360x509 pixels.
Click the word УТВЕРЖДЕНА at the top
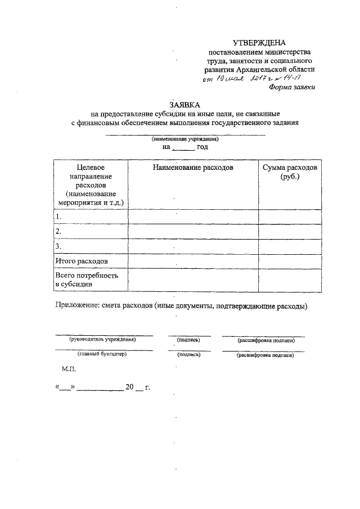tap(259, 43)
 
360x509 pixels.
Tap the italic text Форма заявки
tap(292, 87)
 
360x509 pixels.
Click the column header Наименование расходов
tap(192, 168)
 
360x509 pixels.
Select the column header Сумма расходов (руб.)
tap(290, 172)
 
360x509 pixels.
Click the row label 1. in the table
tap(58, 217)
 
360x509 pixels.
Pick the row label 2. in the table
tap(58, 231)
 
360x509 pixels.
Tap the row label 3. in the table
tap(58, 246)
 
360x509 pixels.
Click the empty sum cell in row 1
tap(290, 217)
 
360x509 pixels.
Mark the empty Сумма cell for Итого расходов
tap(290, 262)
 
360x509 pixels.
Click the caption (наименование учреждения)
tap(185, 138)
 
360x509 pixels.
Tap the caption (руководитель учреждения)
tap(103, 340)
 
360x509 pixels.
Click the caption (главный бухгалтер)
tap(102, 355)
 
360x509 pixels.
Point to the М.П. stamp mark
tap(67, 370)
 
